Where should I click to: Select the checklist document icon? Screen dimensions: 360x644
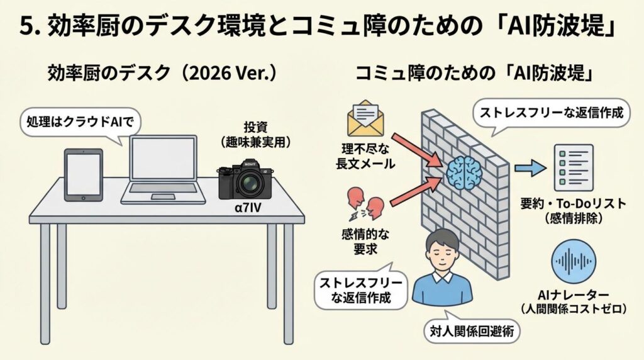point(572,167)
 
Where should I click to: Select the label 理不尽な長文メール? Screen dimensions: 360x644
point(365,156)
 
